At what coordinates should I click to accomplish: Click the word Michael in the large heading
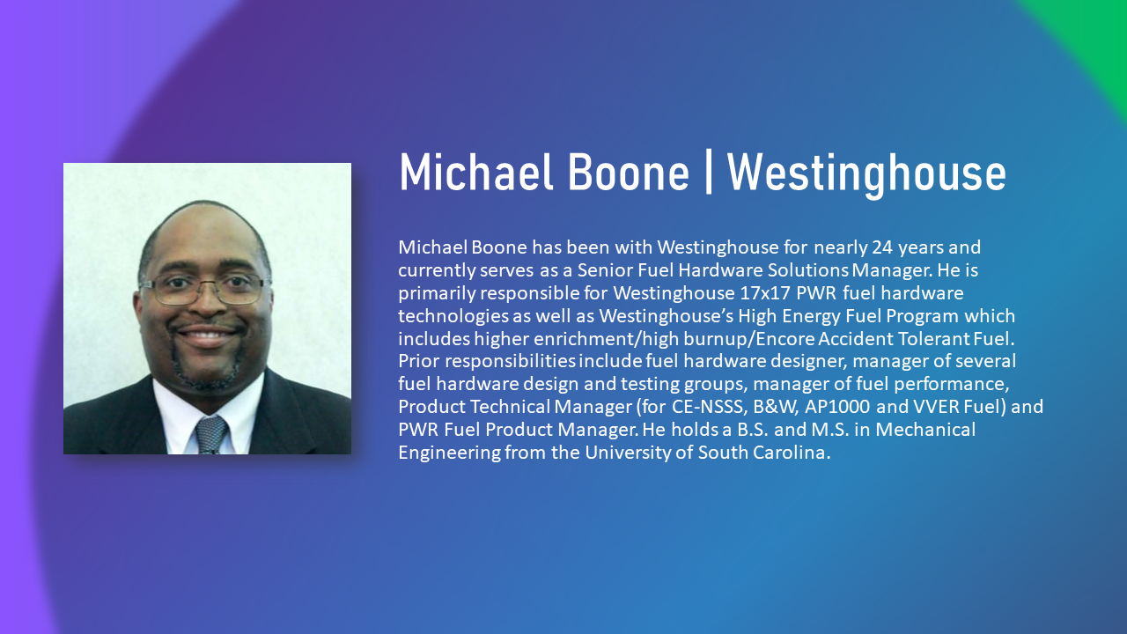pos(476,172)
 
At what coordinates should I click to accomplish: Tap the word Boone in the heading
pos(629,172)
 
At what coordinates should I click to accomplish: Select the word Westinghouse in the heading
pos(866,174)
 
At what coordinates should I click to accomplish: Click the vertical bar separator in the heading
pos(709,173)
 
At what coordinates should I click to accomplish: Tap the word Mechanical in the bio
pos(925,430)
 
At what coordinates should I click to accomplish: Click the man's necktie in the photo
pos(211,435)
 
